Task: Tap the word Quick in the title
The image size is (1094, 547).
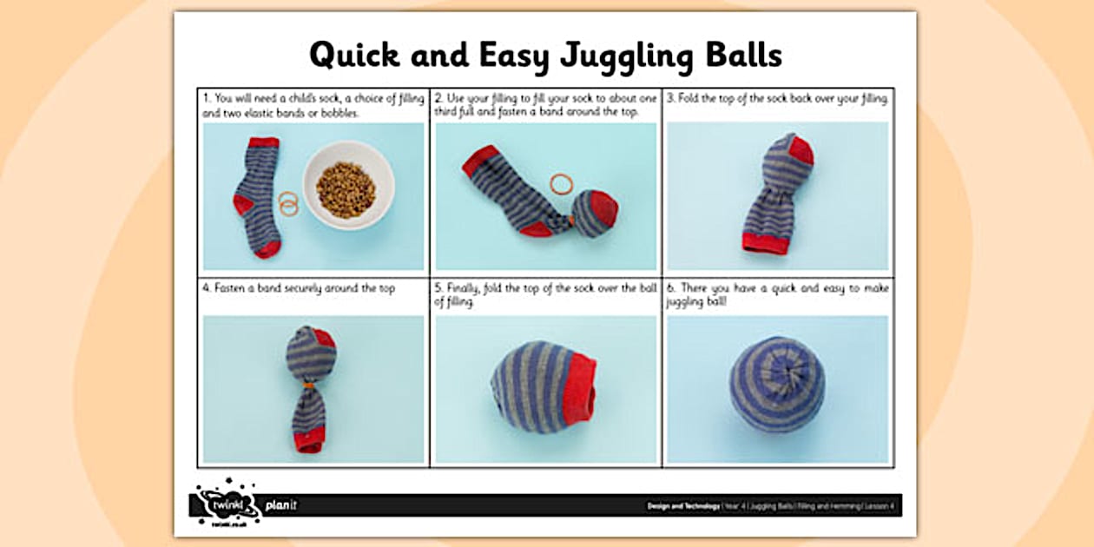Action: coord(354,55)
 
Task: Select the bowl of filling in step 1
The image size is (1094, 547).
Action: coord(347,186)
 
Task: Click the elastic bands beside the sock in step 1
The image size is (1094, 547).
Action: coord(287,203)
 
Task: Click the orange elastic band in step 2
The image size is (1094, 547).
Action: coord(562,183)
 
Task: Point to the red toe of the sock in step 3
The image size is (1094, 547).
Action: coord(802,150)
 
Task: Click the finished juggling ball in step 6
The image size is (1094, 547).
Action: coord(778,384)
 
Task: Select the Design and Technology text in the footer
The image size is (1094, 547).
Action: coord(682,505)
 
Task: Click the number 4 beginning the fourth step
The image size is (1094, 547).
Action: coord(206,288)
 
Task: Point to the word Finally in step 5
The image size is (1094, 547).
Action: coord(466,288)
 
